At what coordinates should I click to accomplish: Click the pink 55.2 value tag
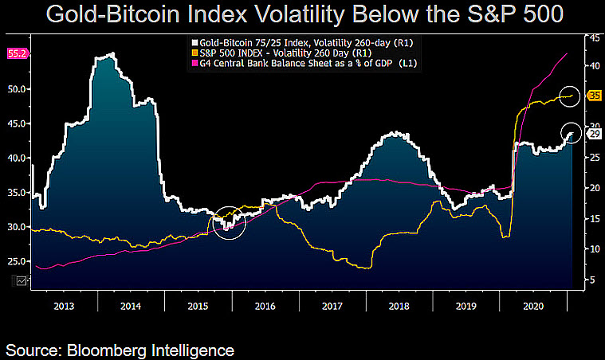point(18,53)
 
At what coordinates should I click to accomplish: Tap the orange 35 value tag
point(595,96)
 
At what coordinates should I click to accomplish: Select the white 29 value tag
point(595,134)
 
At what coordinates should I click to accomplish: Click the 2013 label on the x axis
point(64,306)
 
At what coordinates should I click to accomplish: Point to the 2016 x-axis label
point(265,306)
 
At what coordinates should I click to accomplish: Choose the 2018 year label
point(399,306)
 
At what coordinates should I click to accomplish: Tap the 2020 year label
point(533,306)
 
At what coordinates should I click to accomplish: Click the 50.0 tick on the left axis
point(17,89)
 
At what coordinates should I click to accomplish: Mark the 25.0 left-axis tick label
point(17,261)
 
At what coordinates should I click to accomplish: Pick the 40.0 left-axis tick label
point(17,158)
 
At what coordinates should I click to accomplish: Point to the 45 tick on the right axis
point(595,38)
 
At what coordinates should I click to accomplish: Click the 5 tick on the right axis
point(592,280)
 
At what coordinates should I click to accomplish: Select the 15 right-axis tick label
point(595,218)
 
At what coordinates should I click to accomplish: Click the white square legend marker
point(194,43)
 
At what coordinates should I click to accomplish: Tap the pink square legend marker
point(194,64)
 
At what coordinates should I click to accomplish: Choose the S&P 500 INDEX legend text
point(231,53)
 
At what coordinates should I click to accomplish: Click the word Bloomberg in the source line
point(106,350)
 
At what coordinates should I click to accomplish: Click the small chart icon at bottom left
point(22,281)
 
